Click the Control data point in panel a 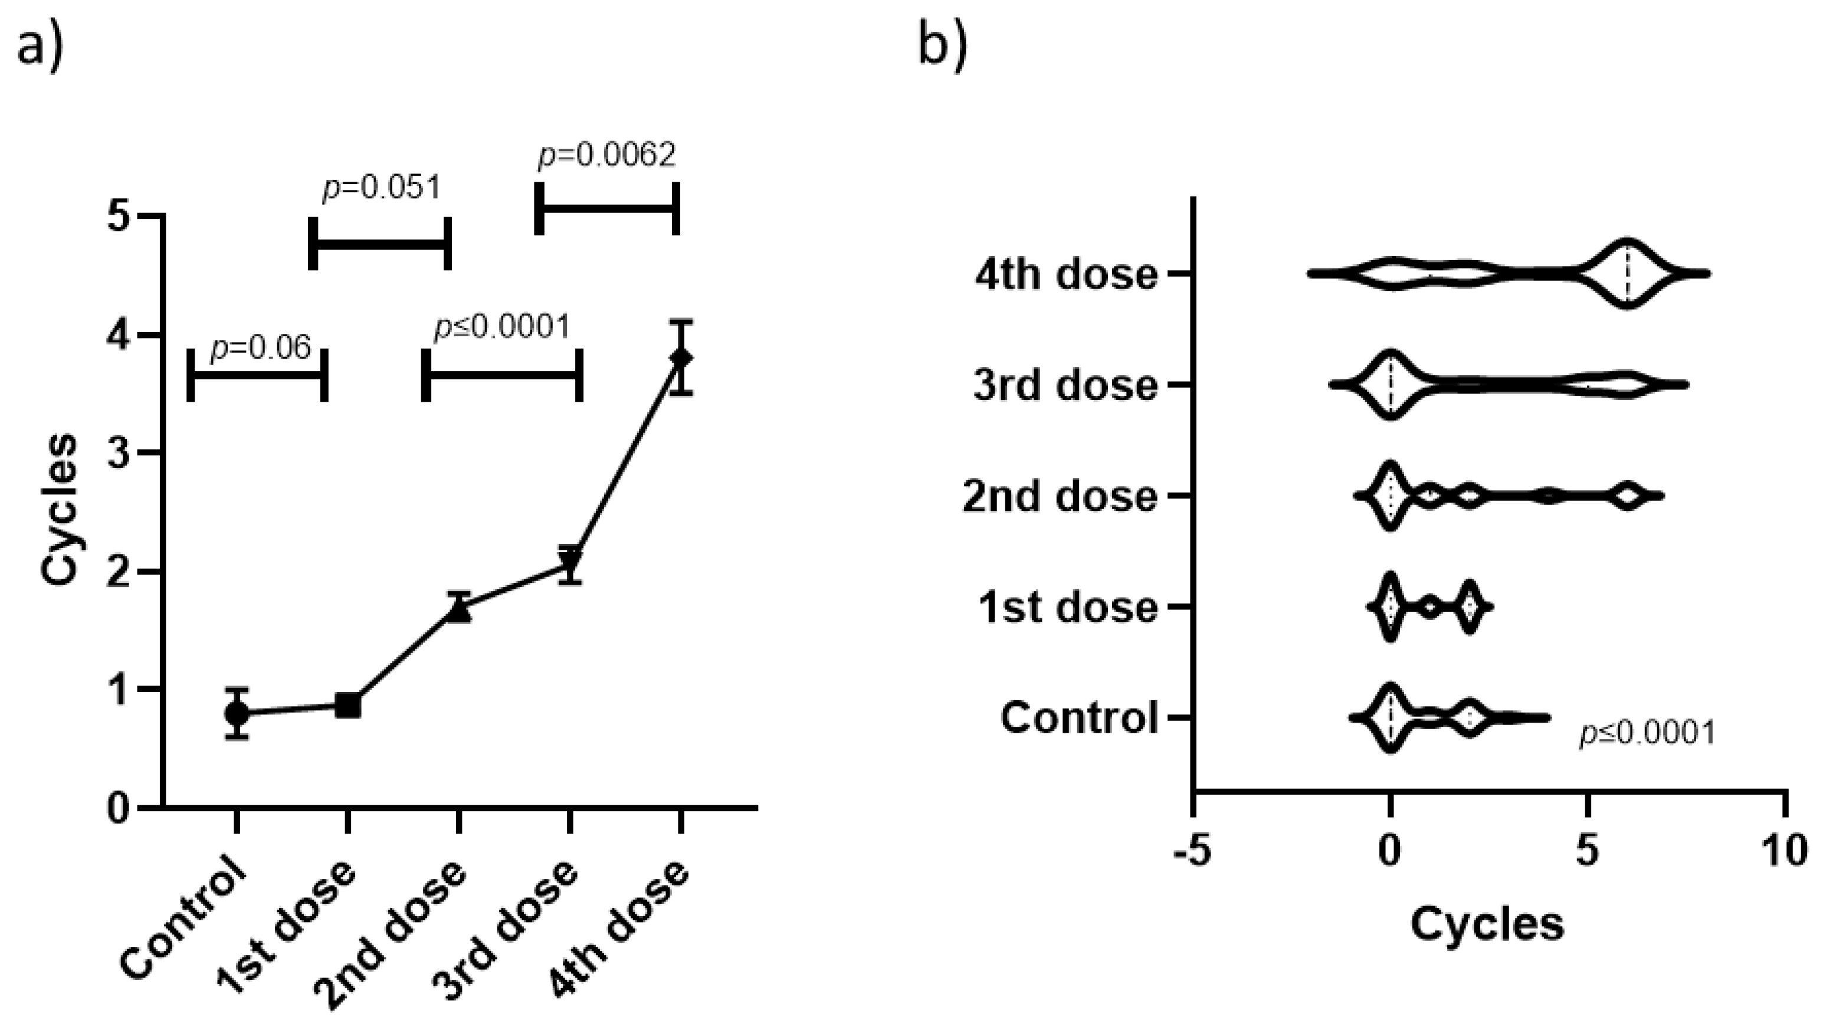click(237, 713)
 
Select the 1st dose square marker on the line click(347, 706)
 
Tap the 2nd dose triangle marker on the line click(459, 610)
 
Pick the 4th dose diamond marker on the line click(681, 358)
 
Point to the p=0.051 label click(382, 188)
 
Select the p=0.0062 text click(607, 155)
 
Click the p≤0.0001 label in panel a click(501, 327)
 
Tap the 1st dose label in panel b click(1068, 608)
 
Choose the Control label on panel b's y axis click(1078, 718)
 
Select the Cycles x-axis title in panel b click(1487, 924)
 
